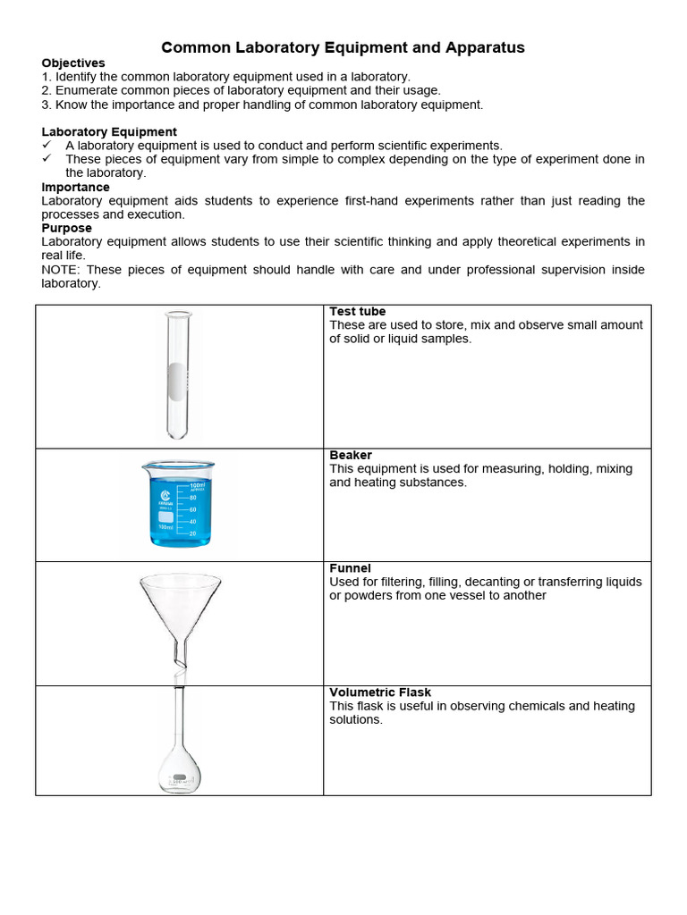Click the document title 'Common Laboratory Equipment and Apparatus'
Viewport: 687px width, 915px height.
343,47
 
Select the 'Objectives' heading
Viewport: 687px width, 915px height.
73,63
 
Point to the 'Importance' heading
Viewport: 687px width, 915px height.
76,187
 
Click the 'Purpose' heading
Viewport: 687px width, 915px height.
67,228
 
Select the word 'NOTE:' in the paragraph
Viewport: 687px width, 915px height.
62,270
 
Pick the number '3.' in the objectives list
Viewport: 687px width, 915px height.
47,105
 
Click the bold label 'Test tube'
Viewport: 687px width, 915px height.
358,312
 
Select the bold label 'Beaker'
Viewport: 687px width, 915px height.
351,455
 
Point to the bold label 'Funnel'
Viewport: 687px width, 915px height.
350,568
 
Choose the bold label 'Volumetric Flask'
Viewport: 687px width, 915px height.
380,693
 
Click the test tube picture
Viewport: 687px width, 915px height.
178,375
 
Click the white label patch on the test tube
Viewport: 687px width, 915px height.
179,379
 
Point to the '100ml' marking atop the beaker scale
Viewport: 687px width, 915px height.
197,486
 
